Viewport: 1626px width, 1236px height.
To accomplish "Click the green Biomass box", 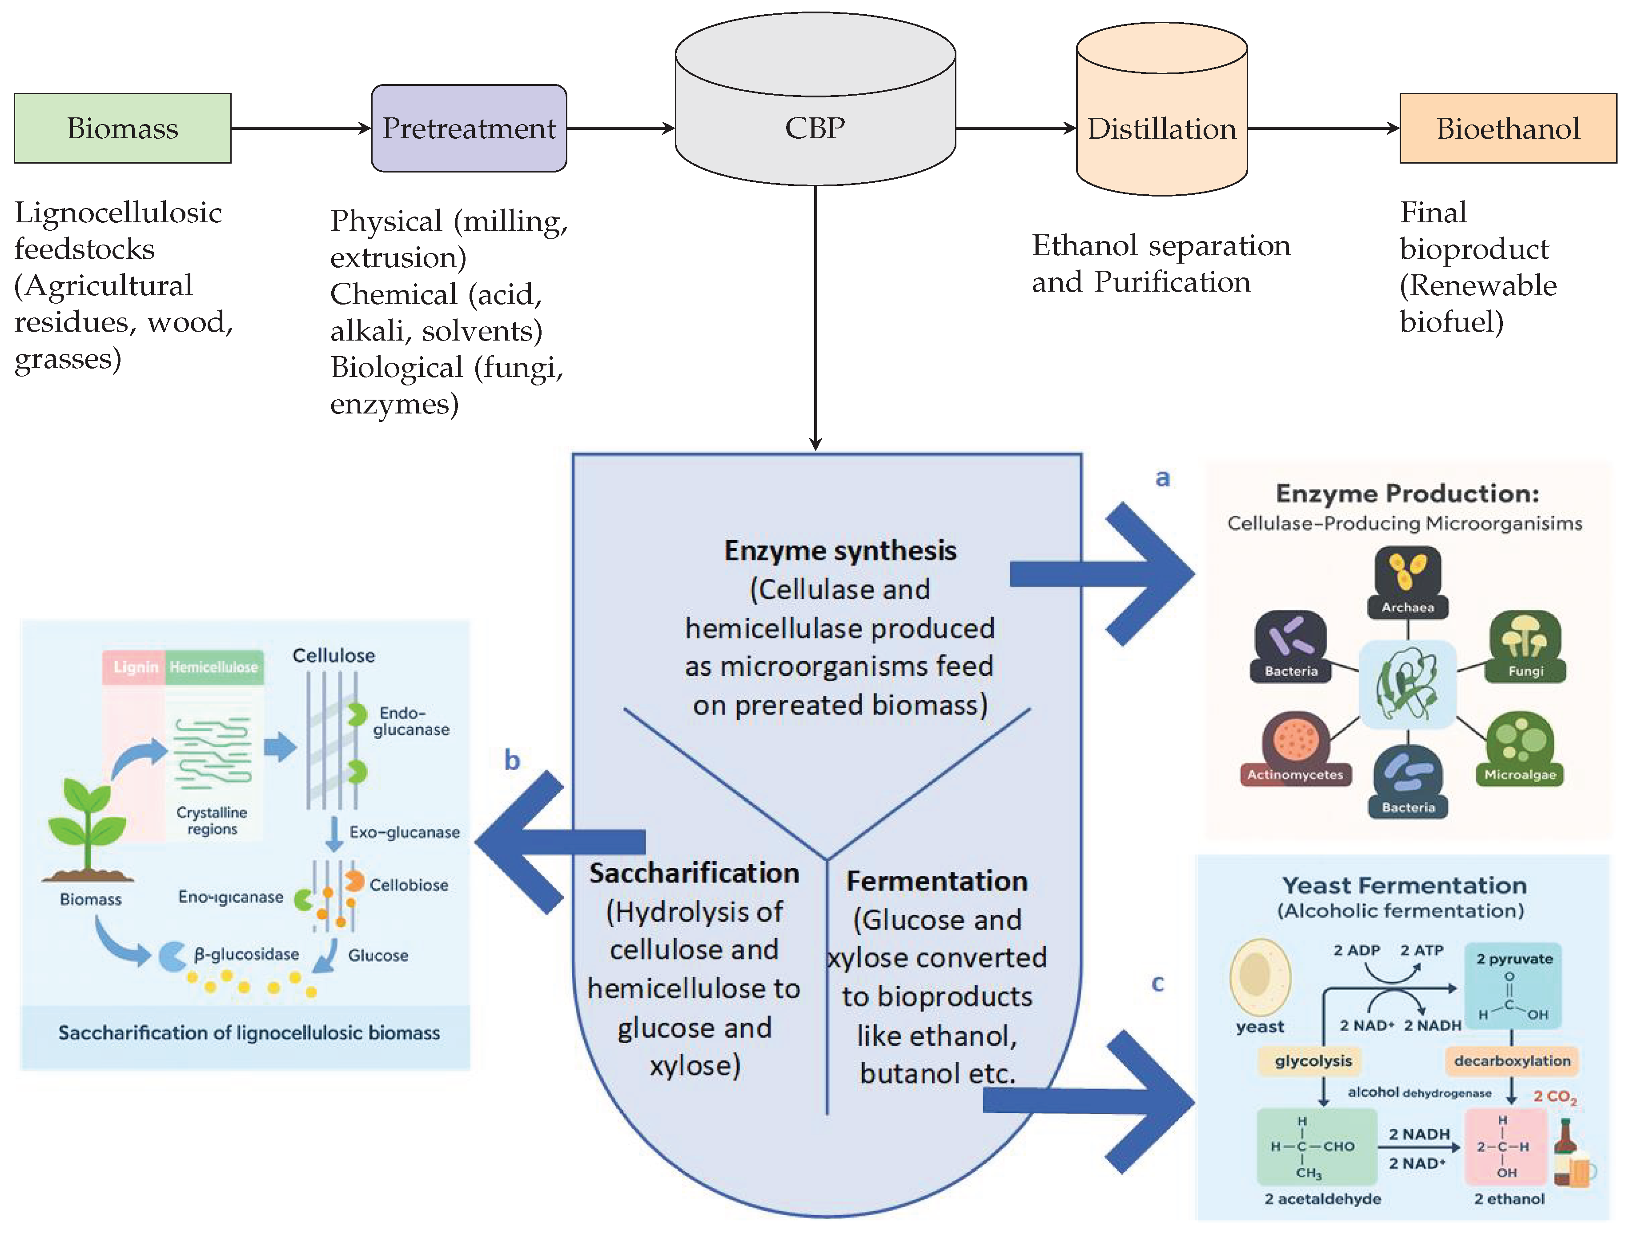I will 122,128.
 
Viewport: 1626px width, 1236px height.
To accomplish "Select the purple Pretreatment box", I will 469,128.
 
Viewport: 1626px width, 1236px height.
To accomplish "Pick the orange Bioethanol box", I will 1508,128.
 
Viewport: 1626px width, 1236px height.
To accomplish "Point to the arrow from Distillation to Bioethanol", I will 1323,128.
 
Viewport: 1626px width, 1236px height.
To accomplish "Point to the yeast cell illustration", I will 1260,975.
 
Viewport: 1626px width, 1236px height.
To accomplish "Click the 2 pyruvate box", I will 1514,986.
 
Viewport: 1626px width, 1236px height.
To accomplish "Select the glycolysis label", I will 1313,1061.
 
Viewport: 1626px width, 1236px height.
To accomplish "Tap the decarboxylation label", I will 1512,1061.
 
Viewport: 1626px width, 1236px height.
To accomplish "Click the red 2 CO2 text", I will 1554,1097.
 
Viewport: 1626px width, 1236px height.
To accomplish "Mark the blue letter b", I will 512,760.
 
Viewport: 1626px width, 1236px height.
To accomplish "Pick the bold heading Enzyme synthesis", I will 840,550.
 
